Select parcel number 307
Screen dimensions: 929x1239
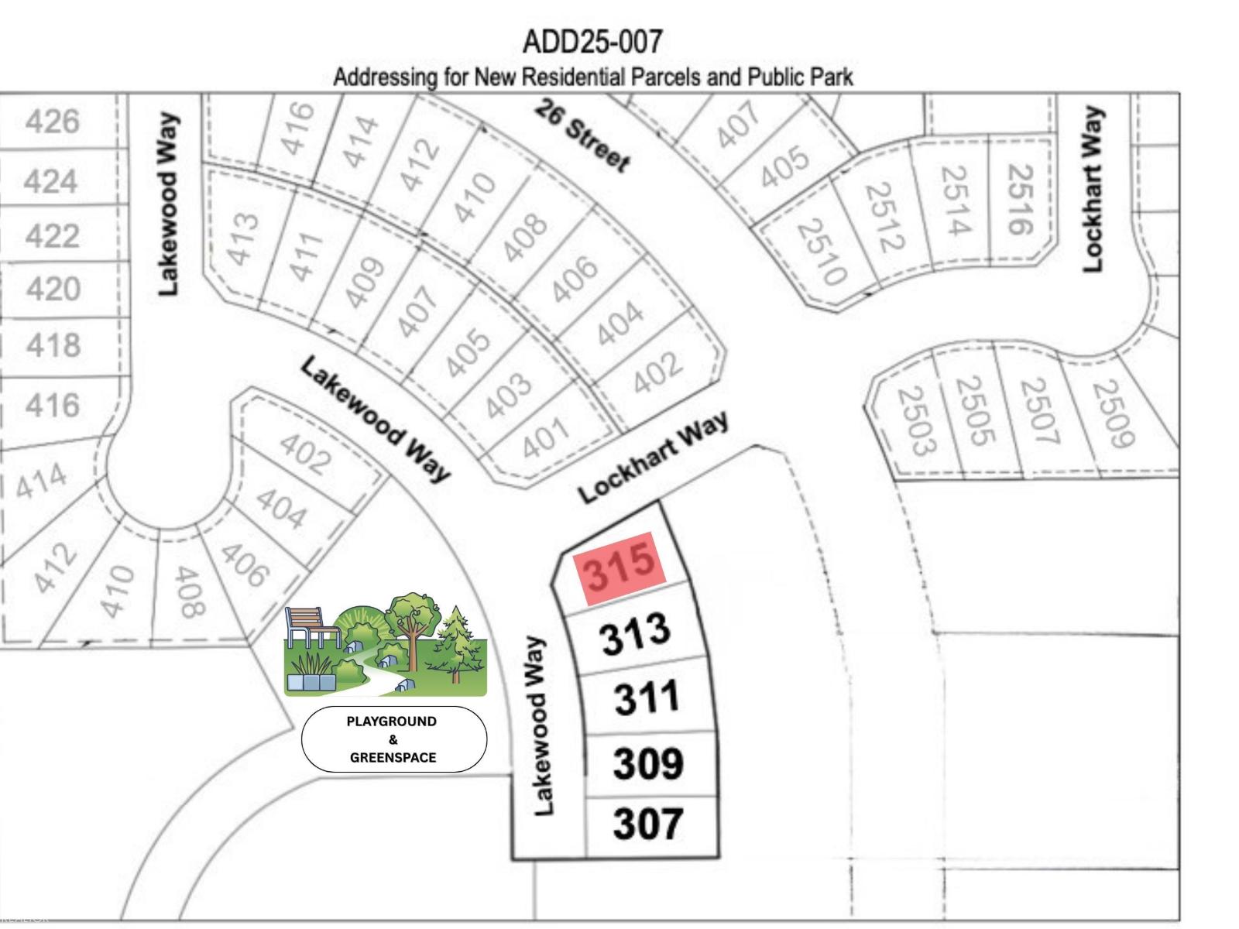click(x=647, y=823)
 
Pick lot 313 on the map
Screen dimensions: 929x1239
click(x=635, y=633)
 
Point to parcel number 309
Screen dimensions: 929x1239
click(x=648, y=763)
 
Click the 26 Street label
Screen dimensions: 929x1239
click(x=582, y=135)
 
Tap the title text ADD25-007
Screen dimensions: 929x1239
click(x=593, y=41)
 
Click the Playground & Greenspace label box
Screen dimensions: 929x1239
click(x=393, y=739)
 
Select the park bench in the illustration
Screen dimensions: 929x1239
click(x=310, y=627)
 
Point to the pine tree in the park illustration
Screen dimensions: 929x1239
click(x=457, y=643)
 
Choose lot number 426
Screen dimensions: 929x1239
click(x=53, y=122)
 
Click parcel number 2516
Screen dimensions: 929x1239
click(x=1020, y=199)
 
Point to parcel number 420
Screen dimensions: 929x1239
click(x=53, y=289)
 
